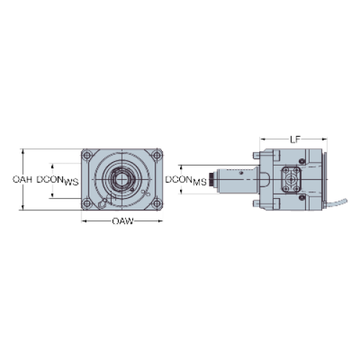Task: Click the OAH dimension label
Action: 22,179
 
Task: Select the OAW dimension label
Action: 122,221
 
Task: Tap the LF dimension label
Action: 295,140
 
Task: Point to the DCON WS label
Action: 58,181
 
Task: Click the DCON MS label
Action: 186,181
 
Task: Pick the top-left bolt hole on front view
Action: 87,155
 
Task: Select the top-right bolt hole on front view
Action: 157,155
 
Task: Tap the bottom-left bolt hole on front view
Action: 87,204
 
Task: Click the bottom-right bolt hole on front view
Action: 157,204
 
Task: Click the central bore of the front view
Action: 122,179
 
